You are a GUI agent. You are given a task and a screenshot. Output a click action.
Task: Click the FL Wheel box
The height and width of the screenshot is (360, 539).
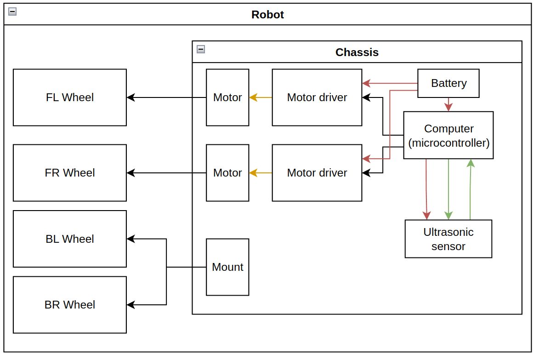70,97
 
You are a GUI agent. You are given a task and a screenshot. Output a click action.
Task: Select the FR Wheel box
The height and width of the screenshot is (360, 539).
70,173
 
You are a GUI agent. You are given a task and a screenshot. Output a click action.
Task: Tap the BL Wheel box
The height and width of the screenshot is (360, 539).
70,239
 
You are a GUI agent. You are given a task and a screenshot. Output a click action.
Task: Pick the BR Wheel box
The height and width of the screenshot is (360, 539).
70,304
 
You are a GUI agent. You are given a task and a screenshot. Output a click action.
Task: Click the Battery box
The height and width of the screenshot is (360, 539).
448,83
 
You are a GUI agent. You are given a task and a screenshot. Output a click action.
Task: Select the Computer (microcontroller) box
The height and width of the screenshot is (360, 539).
448,135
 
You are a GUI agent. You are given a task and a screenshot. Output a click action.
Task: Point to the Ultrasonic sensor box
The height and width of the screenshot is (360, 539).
448,239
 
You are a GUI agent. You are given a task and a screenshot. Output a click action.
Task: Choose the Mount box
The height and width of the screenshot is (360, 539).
227,267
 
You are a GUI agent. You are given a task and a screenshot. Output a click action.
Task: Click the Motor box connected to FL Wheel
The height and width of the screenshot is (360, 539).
227,97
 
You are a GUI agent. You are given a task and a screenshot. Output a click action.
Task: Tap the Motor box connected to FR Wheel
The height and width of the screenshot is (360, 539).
227,173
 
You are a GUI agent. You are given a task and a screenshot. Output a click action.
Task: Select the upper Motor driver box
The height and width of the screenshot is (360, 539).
317,97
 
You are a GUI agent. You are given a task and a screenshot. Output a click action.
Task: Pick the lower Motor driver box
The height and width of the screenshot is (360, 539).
317,173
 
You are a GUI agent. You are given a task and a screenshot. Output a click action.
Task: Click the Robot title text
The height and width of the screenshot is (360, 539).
267,15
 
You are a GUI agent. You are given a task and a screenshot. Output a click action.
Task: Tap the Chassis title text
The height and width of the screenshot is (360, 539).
357,52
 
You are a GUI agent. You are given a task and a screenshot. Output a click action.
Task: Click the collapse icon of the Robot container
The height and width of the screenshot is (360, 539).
12,12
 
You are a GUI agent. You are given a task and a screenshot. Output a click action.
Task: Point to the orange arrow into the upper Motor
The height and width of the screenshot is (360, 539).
260,97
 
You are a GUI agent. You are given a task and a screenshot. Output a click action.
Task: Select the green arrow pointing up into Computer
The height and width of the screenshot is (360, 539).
470,189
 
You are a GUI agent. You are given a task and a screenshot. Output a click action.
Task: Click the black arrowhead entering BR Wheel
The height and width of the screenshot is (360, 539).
131,304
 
